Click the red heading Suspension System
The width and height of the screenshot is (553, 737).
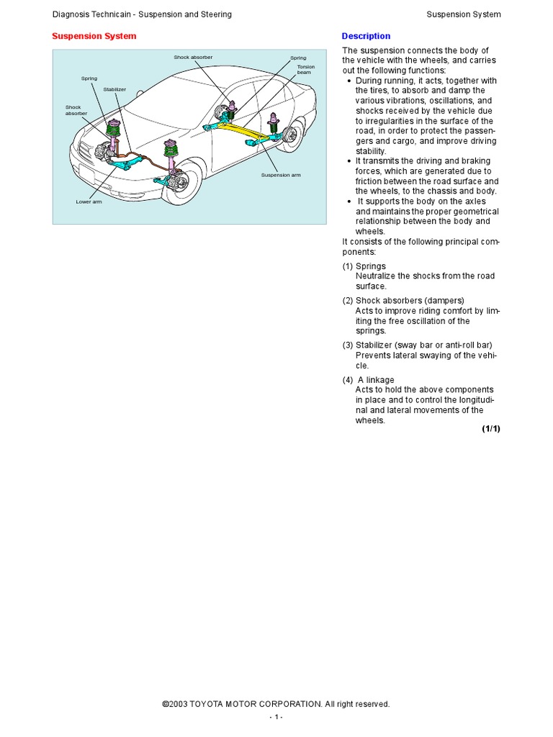pos(94,36)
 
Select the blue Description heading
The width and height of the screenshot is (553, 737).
pos(366,36)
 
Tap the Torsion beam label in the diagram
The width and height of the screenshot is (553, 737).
pos(305,70)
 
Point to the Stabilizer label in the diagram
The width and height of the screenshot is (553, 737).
pos(114,89)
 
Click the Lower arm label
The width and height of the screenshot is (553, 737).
pos(89,202)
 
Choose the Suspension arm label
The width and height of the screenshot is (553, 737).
pos(280,175)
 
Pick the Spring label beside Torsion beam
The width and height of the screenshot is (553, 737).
pos(298,58)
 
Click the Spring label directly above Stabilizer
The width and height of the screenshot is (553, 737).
pos(89,78)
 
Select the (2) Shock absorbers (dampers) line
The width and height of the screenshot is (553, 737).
pos(403,301)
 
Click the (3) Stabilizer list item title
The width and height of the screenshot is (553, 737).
pos(417,345)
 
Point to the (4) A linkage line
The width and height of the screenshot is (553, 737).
pos(369,380)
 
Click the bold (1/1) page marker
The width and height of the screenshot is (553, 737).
pos(490,429)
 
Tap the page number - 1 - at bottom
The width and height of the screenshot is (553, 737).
pos(276,718)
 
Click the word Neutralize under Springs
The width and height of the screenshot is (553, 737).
pos(375,276)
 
